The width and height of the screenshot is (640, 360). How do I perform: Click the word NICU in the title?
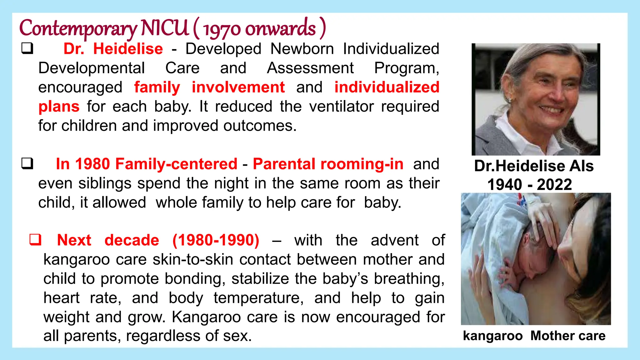coord(164,28)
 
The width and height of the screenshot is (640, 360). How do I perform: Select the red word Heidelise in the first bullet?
coord(128,49)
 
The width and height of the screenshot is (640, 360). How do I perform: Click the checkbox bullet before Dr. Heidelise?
coord(27,48)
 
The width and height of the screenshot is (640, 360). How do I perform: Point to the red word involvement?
coord(238,87)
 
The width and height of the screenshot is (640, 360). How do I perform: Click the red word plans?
coord(59,107)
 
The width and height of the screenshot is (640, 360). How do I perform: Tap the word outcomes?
coord(259,126)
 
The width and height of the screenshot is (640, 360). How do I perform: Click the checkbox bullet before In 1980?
coord(27,163)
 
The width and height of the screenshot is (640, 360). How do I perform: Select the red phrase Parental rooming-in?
coord(328,164)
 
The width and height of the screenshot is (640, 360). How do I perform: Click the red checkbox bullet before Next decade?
coord(35,240)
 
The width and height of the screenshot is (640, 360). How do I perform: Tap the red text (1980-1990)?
coord(216,240)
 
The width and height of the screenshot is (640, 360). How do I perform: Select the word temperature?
coord(258,298)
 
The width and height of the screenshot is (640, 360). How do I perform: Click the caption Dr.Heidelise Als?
coord(534,166)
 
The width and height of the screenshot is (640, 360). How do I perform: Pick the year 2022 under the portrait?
coord(554,185)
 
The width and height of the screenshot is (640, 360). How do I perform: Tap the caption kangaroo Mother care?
coord(534,336)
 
